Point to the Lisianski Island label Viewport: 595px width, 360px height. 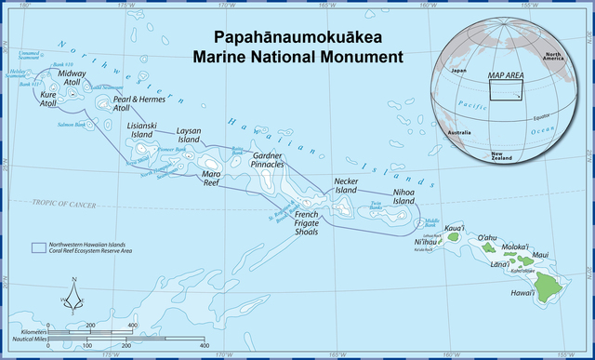(140, 129)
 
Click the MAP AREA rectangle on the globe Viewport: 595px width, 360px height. (507, 89)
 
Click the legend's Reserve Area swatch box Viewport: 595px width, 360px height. (38, 248)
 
